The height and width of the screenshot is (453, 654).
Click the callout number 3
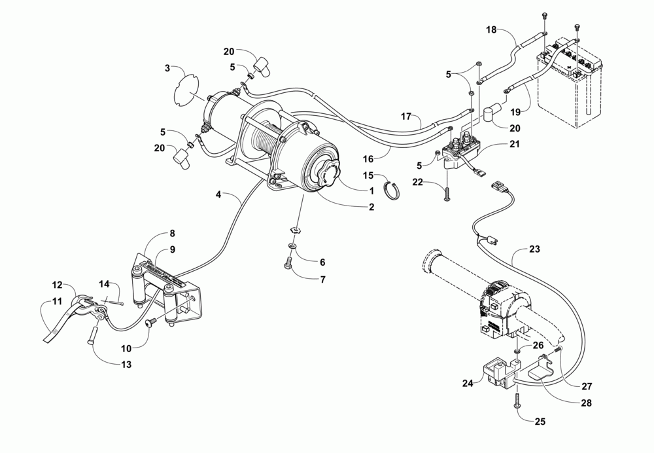point(167,68)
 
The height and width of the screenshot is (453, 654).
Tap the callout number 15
point(369,175)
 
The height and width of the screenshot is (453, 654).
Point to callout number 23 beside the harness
point(536,249)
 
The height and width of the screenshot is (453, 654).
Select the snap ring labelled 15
point(391,192)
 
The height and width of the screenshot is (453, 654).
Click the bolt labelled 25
point(518,402)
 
